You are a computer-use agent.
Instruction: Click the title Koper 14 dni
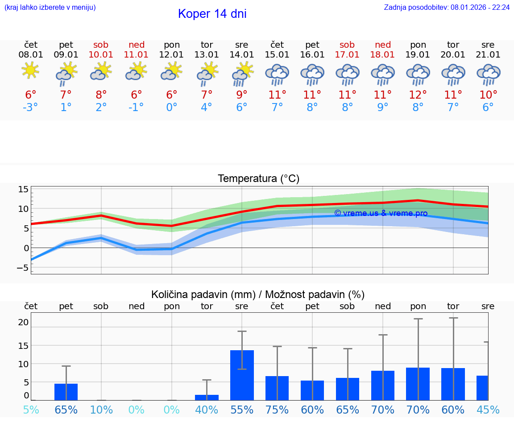pyautogui.click(x=212, y=14)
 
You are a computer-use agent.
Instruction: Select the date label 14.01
pyautogui.click(x=242, y=54)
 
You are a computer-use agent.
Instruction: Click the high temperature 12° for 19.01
pyautogui.click(x=418, y=95)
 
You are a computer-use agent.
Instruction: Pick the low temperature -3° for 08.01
pyautogui.click(x=31, y=108)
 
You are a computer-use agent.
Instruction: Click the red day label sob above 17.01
pyautogui.click(x=347, y=45)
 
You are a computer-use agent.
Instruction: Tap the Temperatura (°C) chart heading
pyautogui.click(x=258, y=179)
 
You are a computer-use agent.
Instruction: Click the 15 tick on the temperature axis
pyautogui.click(x=23, y=190)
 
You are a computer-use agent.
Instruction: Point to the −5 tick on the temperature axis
pyautogui.click(x=22, y=268)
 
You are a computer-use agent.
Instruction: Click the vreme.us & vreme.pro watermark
pyautogui.click(x=381, y=213)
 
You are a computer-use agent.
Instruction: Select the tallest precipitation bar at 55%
pyautogui.click(x=242, y=375)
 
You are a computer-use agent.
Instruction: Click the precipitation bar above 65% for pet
pyautogui.click(x=66, y=391)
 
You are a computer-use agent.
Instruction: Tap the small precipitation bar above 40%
pyautogui.click(x=207, y=397)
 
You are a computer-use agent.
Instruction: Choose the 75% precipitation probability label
pyautogui.click(x=277, y=410)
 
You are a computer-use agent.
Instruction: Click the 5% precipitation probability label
pyautogui.click(x=31, y=410)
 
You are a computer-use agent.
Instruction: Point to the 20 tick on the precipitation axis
pyautogui.click(x=23, y=322)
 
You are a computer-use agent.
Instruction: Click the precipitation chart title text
pyautogui.click(x=258, y=294)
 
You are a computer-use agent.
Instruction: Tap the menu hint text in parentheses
pyautogui.click(x=50, y=7)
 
